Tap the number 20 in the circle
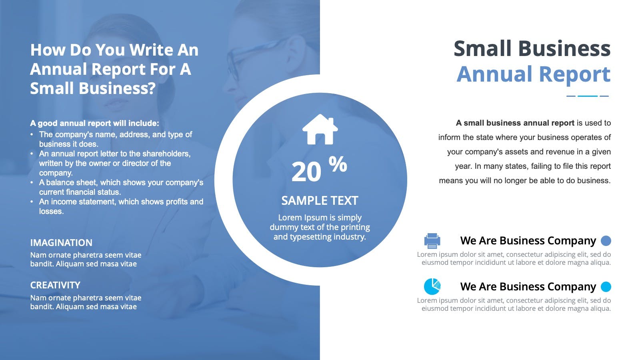point(306,172)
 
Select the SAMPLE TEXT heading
point(320,200)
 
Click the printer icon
point(432,241)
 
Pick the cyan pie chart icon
point(432,286)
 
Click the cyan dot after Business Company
point(606,286)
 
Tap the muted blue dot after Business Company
point(606,241)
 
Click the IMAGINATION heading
point(61,243)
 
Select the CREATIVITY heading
point(55,285)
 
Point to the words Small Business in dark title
point(532,48)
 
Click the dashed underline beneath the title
point(588,96)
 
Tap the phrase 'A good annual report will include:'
point(94,123)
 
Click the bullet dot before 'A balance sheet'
point(32,182)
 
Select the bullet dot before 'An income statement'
point(32,202)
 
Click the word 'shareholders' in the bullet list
point(166,154)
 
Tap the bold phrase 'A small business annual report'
point(515,123)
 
